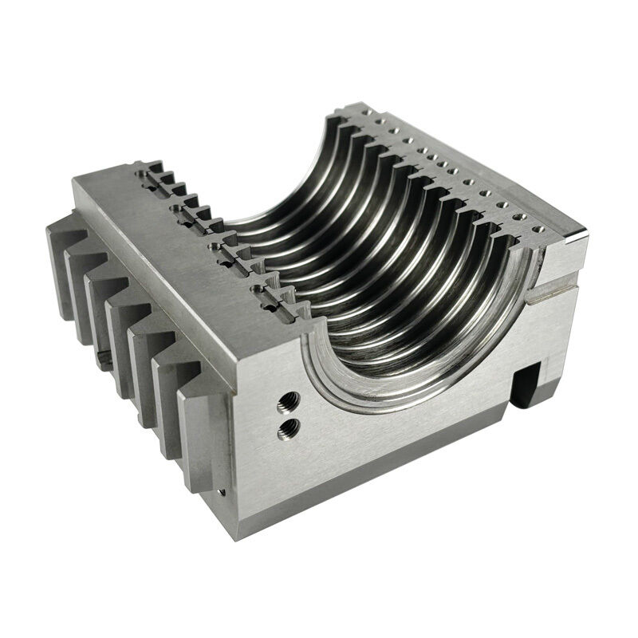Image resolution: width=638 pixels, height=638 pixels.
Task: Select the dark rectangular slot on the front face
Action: pyautogui.click(x=527, y=384)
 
